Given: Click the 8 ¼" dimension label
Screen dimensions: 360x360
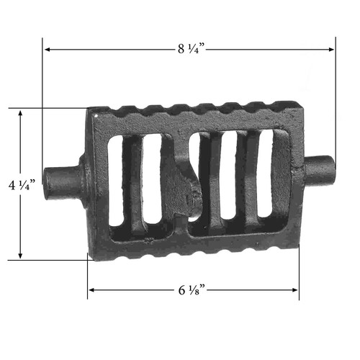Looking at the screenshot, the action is (x=192, y=49).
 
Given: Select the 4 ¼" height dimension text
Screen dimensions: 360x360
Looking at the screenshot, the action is (x=22, y=185).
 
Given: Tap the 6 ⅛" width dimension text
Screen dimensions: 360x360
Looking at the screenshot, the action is (x=192, y=290).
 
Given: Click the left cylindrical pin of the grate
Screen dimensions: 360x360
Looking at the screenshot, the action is (x=63, y=182).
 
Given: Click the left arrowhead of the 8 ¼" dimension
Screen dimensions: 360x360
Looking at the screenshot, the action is (x=48, y=50).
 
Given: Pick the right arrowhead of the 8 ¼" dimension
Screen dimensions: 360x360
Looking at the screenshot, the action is (x=331, y=50).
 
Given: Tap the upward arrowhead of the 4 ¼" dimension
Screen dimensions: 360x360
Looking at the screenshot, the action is (x=20, y=113).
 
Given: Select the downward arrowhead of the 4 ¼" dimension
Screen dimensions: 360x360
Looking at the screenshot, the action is (x=20, y=256).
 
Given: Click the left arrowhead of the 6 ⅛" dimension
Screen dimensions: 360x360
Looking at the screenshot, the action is (x=91, y=290).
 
